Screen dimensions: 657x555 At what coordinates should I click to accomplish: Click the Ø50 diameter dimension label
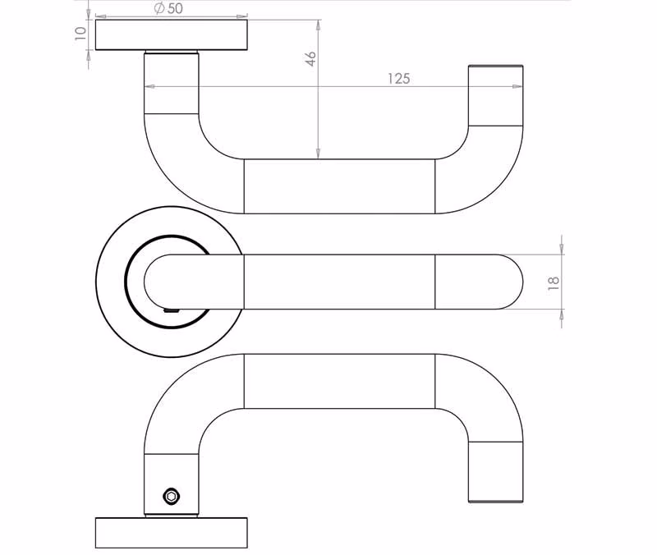168,8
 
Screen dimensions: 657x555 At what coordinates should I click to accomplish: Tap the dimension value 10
80,33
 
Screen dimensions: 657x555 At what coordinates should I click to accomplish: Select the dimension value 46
310,58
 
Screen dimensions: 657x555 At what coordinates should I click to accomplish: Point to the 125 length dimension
398,78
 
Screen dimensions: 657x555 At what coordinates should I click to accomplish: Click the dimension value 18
553,283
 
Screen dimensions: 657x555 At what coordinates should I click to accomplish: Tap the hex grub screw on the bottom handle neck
171,496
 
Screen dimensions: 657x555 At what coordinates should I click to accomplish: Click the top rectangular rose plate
172,34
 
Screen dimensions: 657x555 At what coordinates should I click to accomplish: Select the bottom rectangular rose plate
172,532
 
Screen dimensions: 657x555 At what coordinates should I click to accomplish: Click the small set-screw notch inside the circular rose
172,311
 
